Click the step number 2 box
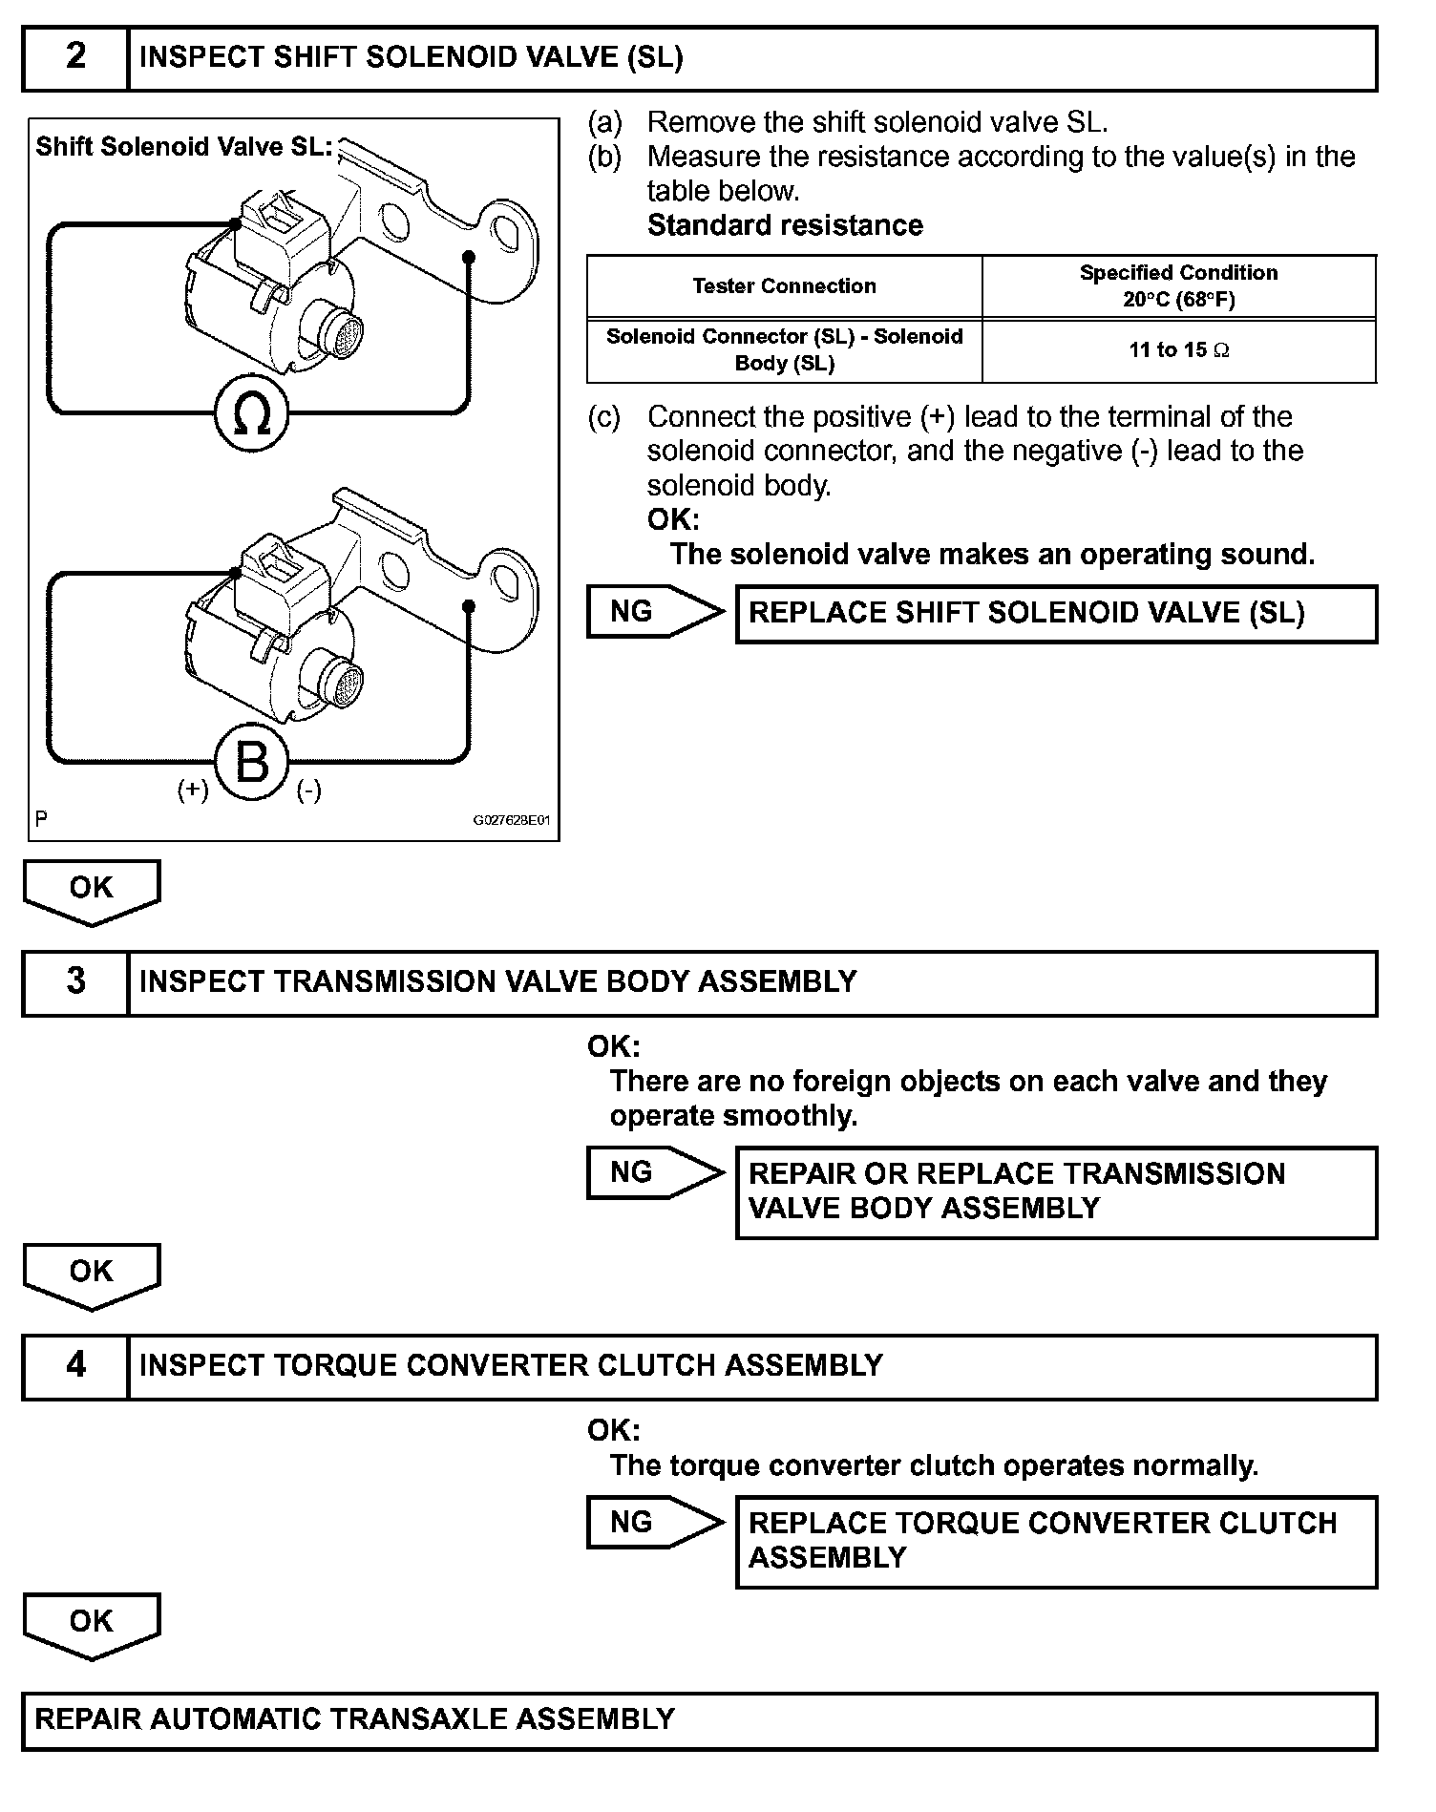coord(75,57)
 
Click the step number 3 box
coord(75,982)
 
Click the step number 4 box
coord(75,1366)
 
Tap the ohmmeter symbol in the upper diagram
coord(251,414)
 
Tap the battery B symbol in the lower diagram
coord(251,764)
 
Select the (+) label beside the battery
coord(193,790)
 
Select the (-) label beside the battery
coord(308,790)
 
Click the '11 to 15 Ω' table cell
coord(1178,350)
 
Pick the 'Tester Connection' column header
coord(784,286)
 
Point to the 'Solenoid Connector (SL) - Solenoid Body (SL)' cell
coord(784,350)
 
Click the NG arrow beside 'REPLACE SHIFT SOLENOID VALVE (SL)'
coord(654,612)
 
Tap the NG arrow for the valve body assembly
coord(654,1172)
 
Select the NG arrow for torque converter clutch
coord(654,1522)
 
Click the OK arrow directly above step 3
coord(92,891)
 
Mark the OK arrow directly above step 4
coord(92,1275)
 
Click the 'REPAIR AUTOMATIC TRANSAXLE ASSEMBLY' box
coord(699,1719)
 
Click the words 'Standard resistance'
coord(785,225)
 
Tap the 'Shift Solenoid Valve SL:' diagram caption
coord(183,147)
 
